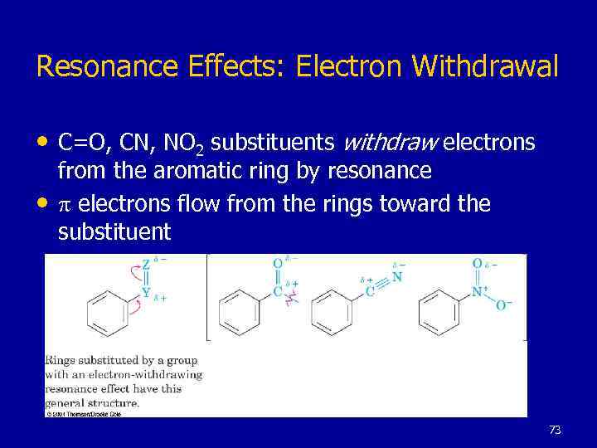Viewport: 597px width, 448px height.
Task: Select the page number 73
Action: click(555, 430)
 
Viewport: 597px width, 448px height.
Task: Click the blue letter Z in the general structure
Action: click(146, 265)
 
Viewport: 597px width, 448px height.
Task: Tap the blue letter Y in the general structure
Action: click(146, 292)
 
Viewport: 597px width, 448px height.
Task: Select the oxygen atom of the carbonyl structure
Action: click(277, 265)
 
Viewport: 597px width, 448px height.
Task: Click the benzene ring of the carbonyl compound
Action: click(240, 313)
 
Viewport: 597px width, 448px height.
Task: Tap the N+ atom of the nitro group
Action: click(478, 291)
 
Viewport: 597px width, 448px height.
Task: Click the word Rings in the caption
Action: click(61, 360)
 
